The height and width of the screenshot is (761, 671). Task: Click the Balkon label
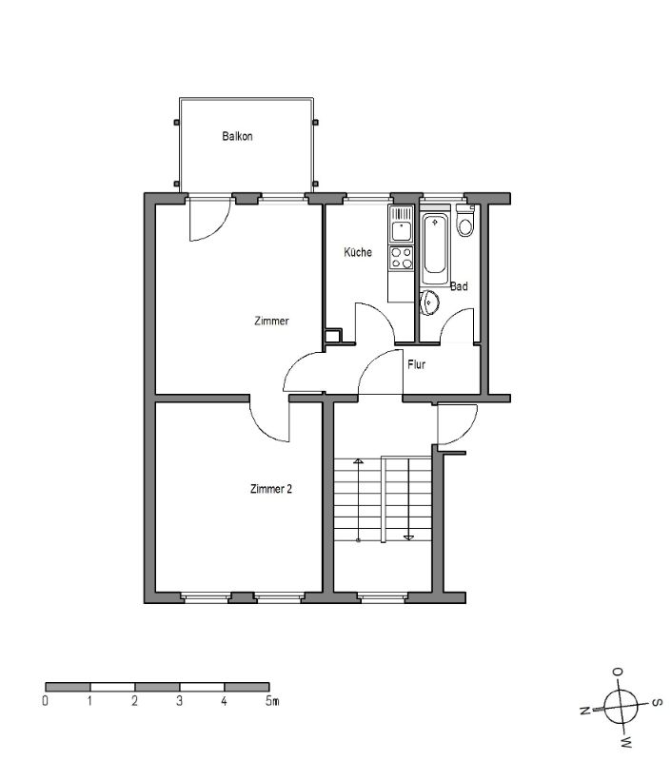tap(237, 136)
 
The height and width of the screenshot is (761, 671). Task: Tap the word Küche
tap(358, 252)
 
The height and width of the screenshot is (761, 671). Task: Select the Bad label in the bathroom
tap(459, 286)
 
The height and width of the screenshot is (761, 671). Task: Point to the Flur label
tap(417, 364)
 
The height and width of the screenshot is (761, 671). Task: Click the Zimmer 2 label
tap(271, 489)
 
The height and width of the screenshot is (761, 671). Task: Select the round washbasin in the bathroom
tap(429, 302)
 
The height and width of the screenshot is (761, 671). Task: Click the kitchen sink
tap(401, 224)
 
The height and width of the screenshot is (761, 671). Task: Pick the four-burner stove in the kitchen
tap(401, 258)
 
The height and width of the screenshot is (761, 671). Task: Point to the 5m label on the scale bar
tap(272, 701)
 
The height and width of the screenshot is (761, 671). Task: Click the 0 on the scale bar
tap(45, 701)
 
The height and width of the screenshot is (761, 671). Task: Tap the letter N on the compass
tap(585, 711)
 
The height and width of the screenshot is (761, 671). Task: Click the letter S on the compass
tap(656, 702)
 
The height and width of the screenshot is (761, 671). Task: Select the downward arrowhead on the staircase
tap(409, 537)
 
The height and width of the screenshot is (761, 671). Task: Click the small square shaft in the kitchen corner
tap(332, 336)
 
